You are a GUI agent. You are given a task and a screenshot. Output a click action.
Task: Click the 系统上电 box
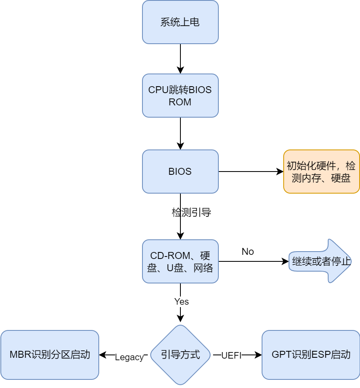[180, 22]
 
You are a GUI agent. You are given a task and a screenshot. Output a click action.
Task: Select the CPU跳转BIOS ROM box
[180, 96]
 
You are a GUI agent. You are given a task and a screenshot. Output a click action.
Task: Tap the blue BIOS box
[180, 172]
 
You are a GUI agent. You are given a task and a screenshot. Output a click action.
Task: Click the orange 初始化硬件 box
[321, 172]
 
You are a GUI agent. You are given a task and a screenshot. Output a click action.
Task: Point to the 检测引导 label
[191, 212]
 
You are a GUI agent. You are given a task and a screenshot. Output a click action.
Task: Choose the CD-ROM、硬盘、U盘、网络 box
[180, 261]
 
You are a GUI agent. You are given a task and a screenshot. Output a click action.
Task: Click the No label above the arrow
[248, 252]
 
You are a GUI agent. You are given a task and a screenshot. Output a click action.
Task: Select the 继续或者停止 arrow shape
[320, 261]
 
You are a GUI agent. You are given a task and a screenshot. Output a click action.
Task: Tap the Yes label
[181, 301]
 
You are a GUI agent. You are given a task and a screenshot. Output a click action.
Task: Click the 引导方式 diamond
[180, 355]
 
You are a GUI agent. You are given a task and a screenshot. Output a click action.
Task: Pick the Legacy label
[129, 357]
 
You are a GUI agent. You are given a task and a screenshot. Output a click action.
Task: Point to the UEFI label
[231, 355]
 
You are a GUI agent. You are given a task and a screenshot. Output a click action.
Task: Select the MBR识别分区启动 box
[50, 355]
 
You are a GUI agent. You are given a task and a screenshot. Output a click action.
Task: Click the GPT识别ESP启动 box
[311, 355]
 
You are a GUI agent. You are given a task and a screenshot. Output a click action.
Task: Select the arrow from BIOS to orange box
[251, 172]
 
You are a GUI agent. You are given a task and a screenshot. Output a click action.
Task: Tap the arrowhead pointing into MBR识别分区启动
[102, 355]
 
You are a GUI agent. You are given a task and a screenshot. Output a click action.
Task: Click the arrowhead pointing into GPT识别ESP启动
[258, 355]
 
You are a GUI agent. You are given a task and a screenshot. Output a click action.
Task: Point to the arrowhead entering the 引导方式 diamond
[180, 319]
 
